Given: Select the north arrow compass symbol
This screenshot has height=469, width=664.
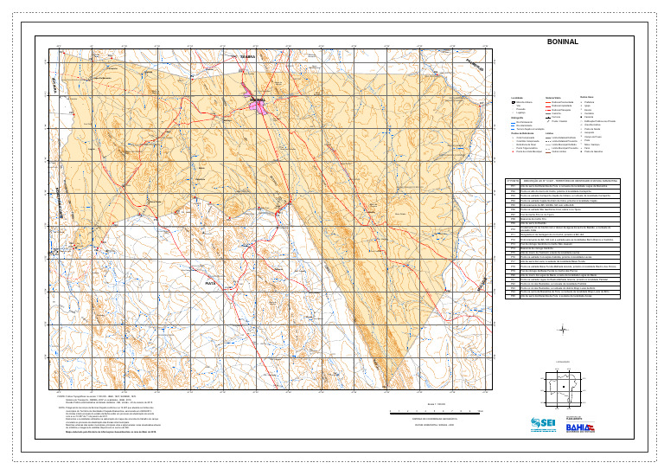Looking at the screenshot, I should pos(563,329).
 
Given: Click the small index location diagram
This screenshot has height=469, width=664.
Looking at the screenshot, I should pos(563,386).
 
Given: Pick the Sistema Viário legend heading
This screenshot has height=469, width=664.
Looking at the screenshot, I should pos(553,97).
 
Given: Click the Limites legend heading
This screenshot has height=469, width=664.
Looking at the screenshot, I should pos(550,133).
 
